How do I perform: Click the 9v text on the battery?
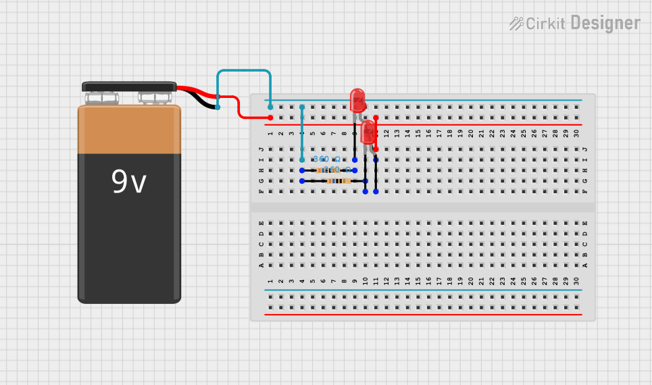(128, 182)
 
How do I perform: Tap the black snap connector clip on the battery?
(129, 86)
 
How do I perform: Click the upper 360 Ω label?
(326, 159)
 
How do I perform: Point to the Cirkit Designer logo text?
(574, 24)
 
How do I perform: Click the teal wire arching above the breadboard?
(244, 70)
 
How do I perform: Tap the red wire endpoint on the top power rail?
(270, 118)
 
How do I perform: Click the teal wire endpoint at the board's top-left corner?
(270, 107)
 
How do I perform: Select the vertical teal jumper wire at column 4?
(302, 134)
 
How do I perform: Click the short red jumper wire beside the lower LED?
(376, 133)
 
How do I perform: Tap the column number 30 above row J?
(576, 134)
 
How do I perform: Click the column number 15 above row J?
(418, 134)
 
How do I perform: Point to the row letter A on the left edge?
(261, 265)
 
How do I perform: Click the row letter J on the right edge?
(585, 149)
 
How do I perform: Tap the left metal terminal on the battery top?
(102, 98)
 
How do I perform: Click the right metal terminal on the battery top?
(155, 98)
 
